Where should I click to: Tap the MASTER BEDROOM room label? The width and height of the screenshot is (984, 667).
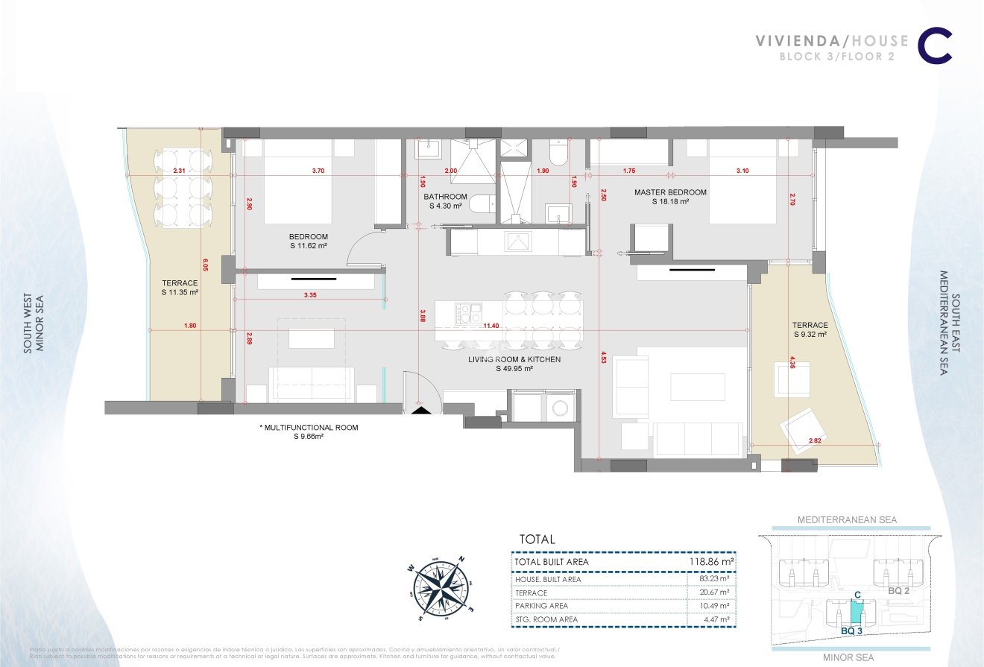(670, 197)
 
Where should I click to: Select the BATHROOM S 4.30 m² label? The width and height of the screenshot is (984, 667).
(445, 201)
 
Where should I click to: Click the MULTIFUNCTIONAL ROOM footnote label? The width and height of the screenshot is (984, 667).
(309, 432)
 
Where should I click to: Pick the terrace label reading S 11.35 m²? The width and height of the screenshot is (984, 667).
(180, 288)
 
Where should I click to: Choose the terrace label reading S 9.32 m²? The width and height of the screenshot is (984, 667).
(810, 329)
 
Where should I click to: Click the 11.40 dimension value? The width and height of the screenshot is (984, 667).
(491, 326)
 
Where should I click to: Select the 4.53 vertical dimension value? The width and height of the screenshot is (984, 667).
(602, 358)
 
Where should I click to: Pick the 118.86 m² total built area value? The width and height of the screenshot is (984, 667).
(710, 561)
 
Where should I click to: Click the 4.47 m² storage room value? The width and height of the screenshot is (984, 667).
(713, 619)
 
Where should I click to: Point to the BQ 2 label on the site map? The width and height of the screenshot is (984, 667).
(898, 589)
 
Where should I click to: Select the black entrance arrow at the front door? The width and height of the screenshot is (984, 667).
(420, 409)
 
